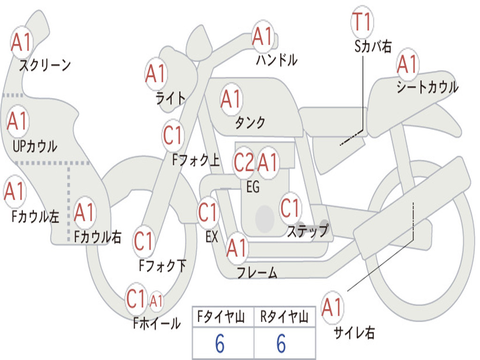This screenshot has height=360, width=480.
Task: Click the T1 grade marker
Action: point(362,22)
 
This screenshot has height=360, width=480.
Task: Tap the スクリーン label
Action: point(45,65)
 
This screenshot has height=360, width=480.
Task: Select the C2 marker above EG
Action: point(244,162)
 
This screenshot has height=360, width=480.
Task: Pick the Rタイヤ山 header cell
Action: point(285,316)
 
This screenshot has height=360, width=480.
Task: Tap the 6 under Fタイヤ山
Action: point(220,343)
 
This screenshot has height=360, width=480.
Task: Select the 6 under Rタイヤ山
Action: point(281,343)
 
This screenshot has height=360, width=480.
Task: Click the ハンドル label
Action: point(277,60)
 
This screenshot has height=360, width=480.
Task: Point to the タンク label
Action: point(250,122)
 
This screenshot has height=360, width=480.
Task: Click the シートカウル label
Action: point(427,87)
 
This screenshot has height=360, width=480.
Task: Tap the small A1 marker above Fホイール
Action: point(156,301)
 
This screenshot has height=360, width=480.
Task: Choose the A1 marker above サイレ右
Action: point(332,307)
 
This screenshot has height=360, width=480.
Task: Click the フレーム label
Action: point(257,272)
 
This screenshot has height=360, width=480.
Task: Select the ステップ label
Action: point(307,231)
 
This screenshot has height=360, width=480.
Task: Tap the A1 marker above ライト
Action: point(156,74)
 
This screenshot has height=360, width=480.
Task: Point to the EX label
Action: point(212,237)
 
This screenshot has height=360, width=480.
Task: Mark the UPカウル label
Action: point(35,146)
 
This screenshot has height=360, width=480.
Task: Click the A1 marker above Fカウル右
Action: point(84,212)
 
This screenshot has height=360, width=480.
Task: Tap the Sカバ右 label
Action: point(373,46)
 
